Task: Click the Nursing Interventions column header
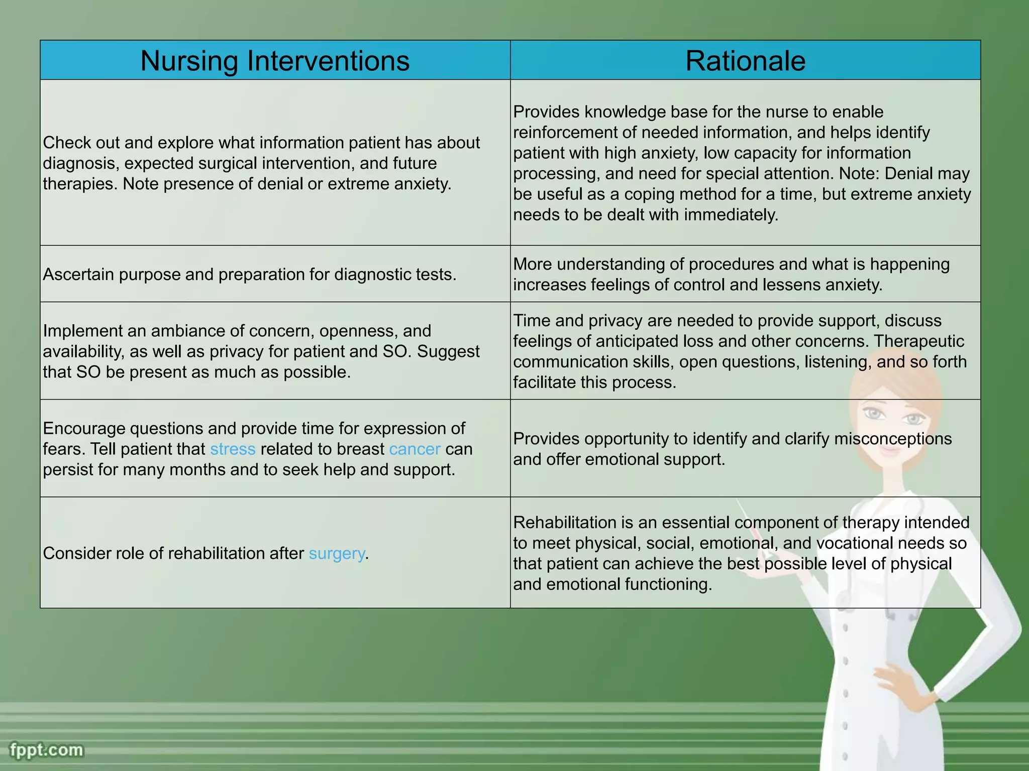coord(275,61)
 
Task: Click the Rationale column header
coord(745,61)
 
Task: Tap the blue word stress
coord(233,449)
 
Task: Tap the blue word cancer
coord(415,449)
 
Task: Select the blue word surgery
coord(337,553)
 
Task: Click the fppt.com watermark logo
coord(46,750)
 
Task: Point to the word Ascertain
coord(78,275)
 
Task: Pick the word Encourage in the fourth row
coord(84,428)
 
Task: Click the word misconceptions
coord(893,439)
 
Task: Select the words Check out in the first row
coord(81,143)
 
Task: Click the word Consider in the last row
coord(77,553)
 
